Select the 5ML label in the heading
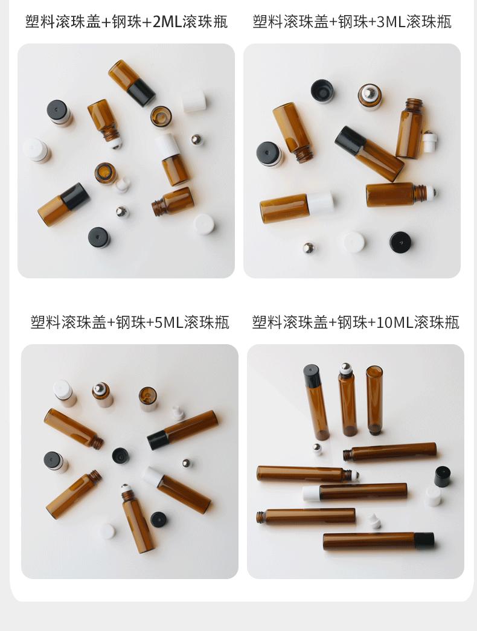[x=169, y=322]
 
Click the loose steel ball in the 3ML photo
[x=309, y=248]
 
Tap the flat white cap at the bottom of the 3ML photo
[x=354, y=242]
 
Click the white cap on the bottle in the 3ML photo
[x=321, y=203]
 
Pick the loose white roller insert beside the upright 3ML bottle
[x=429, y=142]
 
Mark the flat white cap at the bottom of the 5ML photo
[x=107, y=531]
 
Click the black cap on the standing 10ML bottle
[x=312, y=376]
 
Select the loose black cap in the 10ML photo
[x=443, y=476]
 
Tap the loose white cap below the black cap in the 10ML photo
[x=432, y=496]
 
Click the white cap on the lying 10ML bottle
[x=311, y=493]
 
